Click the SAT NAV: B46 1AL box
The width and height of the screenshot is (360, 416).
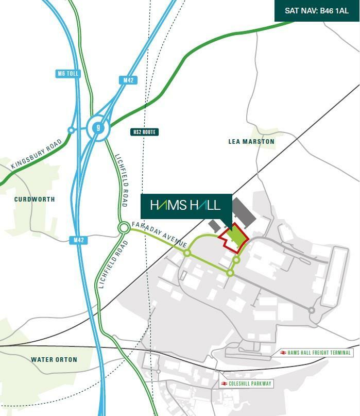coord(317,10)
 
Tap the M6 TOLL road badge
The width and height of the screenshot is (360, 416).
coord(68,74)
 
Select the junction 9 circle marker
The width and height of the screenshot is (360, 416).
coord(98,127)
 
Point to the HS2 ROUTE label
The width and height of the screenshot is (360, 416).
coord(144,132)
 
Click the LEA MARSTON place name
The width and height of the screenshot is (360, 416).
coord(251,141)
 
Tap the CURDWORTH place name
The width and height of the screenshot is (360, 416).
coord(35,199)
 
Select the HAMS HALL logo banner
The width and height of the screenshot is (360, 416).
coord(185,205)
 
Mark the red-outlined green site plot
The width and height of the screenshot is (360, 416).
coord(234,238)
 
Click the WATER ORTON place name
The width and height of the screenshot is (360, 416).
coord(54,359)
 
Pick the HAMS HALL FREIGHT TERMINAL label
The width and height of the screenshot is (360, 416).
coord(319,353)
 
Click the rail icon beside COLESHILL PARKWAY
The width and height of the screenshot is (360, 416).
coord(224,384)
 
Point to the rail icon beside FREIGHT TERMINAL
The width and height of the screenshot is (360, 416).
coord(283,353)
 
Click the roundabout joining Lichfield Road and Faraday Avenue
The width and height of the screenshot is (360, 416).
coord(124,227)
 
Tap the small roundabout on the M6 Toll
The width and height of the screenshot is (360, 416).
coord(71,130)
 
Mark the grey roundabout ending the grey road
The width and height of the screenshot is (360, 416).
coord(311,310)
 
